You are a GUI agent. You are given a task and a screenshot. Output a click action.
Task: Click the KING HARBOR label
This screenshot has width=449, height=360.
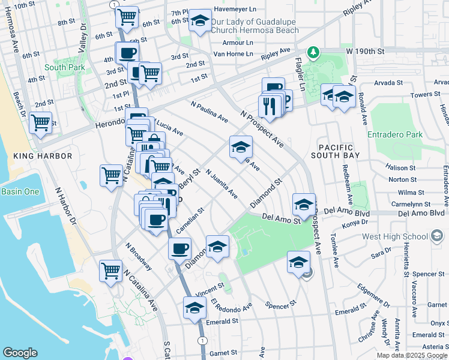click(x=42, y=156)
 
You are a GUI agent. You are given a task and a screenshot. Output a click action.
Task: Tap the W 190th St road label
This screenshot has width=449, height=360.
click(x=366, y=52)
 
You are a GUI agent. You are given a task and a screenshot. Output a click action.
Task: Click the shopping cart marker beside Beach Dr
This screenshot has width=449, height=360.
click(x=40, y=123)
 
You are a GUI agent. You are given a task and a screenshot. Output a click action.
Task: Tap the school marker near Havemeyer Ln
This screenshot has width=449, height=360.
click(x=200, y=22)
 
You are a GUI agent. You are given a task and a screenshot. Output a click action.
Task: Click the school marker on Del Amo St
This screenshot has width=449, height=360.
click(x=304, y=205)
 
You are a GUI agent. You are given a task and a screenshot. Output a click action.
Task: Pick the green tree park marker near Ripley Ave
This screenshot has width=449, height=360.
click(x=312, y=53)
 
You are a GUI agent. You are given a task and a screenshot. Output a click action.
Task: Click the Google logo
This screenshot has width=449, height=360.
click(x=20, y=353)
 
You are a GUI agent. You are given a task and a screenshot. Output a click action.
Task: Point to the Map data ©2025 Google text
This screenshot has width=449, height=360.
click(x=411, y=355)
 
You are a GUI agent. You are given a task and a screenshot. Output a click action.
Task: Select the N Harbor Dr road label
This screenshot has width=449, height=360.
click(x=67, y=205)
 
